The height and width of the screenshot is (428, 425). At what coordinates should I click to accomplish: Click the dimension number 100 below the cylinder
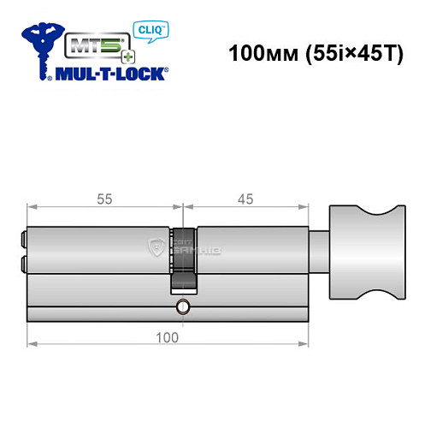point(168,336)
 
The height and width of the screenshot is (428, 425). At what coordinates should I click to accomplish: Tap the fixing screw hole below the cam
point(181,306)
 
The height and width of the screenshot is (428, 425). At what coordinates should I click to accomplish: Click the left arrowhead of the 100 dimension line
point(32,345)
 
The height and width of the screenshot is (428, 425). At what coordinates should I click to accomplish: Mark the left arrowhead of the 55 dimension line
point(32,206)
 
